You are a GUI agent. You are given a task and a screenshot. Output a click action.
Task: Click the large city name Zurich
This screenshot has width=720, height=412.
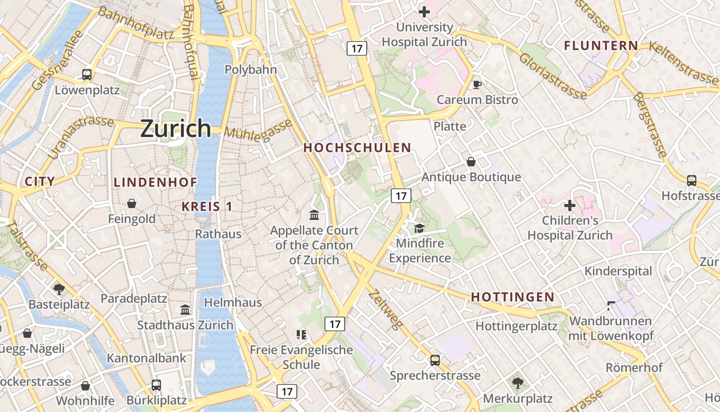(x=175, y=128)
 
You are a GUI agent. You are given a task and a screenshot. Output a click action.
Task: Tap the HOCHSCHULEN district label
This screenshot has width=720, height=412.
(x=357, y=148)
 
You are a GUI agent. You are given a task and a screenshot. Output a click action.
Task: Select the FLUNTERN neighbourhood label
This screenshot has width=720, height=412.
(x=601, y=46)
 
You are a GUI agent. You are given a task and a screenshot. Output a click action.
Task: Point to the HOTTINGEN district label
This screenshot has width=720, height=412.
(x=513, y=297)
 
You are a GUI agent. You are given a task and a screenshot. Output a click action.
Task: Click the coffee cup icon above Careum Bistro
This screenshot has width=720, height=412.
(x=477, y=84)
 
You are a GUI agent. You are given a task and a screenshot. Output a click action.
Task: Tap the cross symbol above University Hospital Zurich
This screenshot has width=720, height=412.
(x=424, y=11)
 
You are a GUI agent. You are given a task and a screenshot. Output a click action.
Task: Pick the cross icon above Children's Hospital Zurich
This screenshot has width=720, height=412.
(x=569, y=205)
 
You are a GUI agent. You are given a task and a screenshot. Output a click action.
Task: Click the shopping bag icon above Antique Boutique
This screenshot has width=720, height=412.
(x=471, y=162)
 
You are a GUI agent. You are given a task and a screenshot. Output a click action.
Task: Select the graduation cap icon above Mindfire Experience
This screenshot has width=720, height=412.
(x=420, y=228)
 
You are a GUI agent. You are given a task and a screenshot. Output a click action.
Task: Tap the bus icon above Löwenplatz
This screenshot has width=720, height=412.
(x=87, y=75)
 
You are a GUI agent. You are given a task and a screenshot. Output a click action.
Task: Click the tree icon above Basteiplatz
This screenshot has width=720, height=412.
(x=59, y=289)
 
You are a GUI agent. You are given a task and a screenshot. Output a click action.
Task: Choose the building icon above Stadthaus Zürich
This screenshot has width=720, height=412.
(x=185, y=310)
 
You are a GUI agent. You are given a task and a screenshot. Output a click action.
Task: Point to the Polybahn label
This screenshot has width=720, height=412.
(x=251, y=70)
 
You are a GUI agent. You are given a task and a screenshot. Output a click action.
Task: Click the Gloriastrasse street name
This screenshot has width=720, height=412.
(x=552, y=76)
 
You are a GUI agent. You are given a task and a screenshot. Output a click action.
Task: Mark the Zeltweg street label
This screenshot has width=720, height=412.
(x=385, y=309)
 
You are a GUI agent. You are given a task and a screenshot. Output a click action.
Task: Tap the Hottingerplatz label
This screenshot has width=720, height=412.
(x=516, y=326)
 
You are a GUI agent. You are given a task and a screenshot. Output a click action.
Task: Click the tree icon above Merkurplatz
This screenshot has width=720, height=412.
(x=517, y=383)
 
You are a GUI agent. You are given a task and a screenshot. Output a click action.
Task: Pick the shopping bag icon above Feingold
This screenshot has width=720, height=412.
(x=132, y=203)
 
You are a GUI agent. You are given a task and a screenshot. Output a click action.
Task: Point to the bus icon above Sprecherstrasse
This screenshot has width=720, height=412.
(x=435, y=360)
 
